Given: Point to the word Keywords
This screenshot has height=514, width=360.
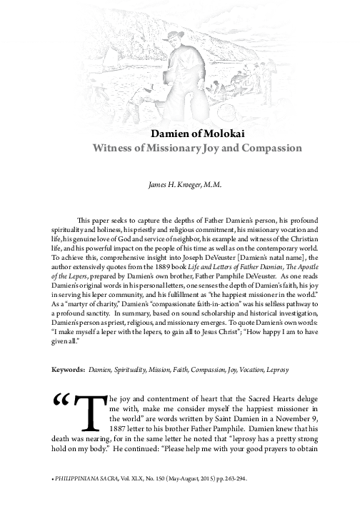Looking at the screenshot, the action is pyautogui.click(x=67, y=370).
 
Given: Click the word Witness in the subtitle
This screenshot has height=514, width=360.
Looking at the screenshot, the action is pyautogui.click(x=114, y=148).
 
